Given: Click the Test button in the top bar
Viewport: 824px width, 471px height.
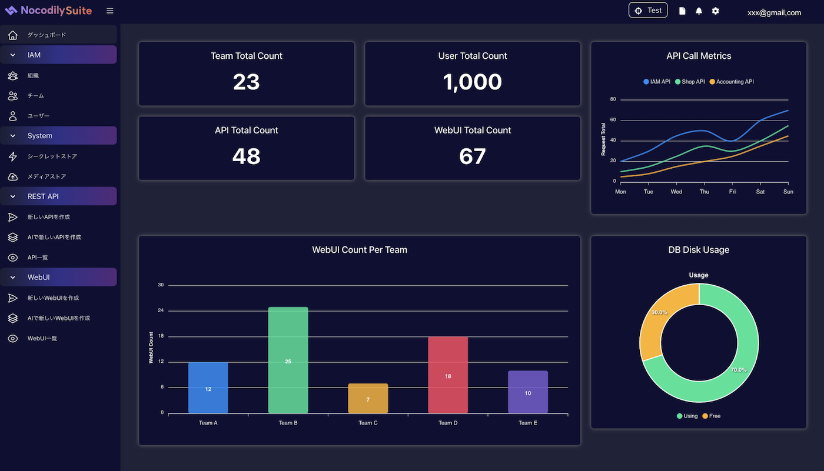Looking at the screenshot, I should (648, 11).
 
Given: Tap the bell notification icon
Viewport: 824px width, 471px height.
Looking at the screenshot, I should (699, 11).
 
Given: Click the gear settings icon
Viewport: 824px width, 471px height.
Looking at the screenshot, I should (715, 11).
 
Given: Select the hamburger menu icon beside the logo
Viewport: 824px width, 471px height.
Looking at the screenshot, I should (110, 11).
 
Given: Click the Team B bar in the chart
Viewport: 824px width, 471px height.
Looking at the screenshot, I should (288, 360).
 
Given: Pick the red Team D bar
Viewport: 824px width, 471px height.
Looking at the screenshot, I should (448, 375).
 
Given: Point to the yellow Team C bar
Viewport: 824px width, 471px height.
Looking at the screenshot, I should (368, 398).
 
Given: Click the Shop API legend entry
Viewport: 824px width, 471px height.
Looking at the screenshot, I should (690, 82).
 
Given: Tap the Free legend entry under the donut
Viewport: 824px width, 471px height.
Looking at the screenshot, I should (711, 416).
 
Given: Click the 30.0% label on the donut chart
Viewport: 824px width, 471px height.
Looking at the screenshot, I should (659, 313).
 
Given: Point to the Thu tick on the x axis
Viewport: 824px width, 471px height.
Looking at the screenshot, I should (705, 192).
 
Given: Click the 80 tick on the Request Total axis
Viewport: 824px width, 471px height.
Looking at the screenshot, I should (613, 99).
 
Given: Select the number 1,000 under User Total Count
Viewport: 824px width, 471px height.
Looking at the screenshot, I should (473, 82).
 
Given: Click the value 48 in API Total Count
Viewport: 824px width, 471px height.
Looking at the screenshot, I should (246, 156).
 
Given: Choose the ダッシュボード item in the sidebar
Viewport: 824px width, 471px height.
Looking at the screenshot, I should (46, 35).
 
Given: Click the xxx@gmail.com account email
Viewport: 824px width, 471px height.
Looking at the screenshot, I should (774, 12).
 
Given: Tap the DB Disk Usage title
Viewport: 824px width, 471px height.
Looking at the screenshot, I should (699, 250).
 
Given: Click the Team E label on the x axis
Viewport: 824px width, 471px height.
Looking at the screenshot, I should (527, 423).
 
